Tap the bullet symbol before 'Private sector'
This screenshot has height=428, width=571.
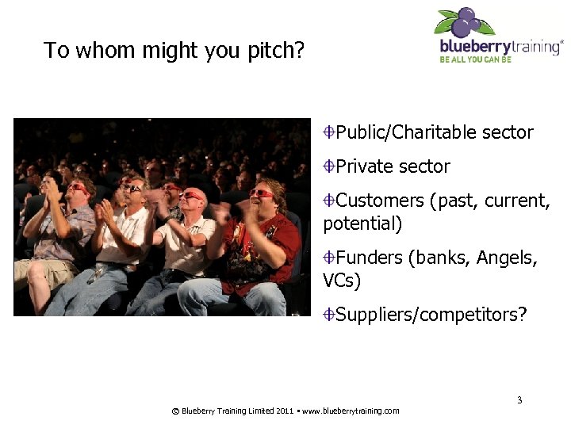point(328,166)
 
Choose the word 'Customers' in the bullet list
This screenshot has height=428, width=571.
point(380,201)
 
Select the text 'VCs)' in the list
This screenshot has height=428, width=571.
point(342,281)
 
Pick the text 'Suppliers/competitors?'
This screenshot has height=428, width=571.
point(431,315)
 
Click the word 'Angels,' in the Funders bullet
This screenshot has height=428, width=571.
point(507,258)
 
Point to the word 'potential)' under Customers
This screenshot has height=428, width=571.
point(362,224)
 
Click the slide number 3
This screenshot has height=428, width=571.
point(519,399)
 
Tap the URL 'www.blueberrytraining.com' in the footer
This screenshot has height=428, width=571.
point(351,411)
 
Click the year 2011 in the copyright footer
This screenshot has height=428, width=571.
point(285,411)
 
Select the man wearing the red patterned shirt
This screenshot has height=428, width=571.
point(262,246)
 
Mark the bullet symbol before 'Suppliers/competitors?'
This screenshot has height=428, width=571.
point(328,315)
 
